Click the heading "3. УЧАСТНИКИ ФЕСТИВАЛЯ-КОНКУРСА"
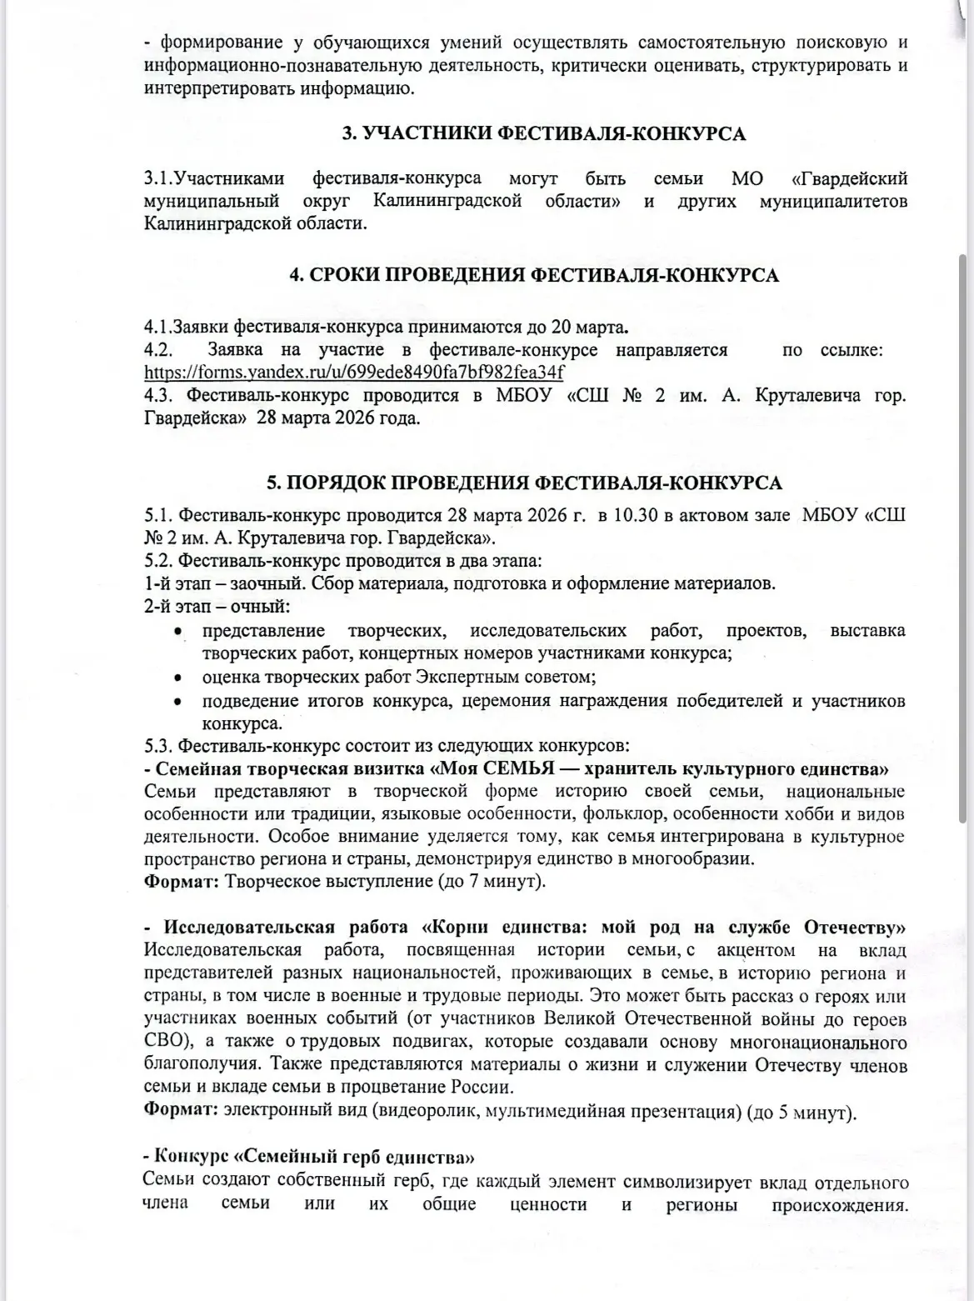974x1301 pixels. [545, 134]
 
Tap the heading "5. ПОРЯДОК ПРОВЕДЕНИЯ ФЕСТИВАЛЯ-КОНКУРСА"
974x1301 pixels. [524, 484]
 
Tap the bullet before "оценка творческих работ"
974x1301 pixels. [177, 678]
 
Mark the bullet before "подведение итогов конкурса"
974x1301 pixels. [177, 702]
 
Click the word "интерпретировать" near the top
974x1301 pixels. [208, 88]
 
